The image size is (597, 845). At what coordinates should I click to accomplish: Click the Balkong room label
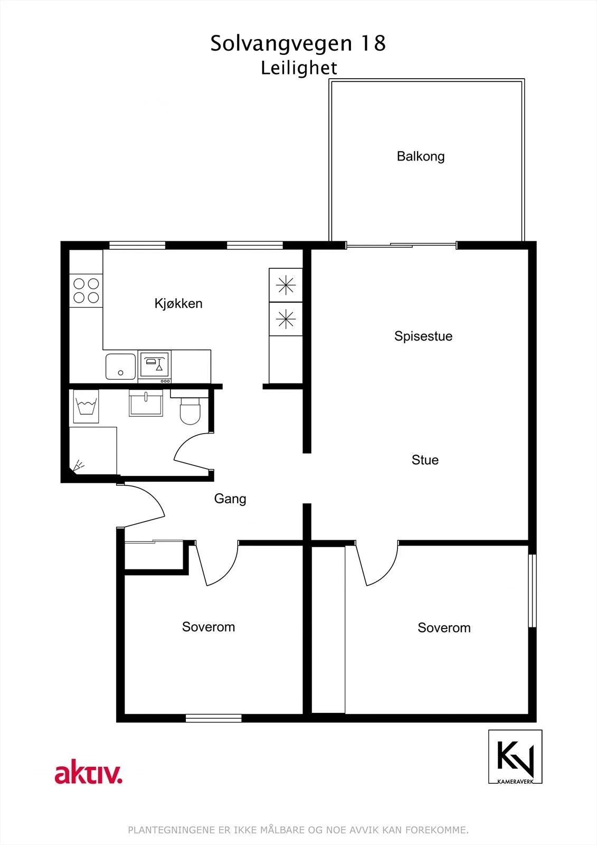(421, 156)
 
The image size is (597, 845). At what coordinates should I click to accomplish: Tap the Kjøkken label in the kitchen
(178, 303)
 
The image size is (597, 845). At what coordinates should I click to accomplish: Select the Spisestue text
(423, 336)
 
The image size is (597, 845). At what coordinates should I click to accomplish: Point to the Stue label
(425, 460)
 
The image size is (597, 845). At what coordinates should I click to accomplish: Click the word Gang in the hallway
(230, 499)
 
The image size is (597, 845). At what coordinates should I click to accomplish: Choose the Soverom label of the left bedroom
(209, 626)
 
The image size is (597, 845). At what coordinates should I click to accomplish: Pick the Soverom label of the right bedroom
(444, 628)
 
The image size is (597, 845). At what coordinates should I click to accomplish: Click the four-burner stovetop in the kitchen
(86, 290)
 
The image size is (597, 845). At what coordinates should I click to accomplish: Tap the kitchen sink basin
(121, 367)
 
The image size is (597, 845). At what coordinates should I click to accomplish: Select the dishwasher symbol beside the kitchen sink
(154, 367)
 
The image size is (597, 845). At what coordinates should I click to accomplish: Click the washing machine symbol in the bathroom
(86, 406)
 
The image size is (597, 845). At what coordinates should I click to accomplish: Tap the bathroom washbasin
(146, 403)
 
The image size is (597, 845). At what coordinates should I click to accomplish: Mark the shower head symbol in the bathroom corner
(78, 465)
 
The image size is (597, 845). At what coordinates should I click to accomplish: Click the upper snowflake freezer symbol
(286, 285)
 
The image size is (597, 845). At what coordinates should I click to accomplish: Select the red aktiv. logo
(89, 772)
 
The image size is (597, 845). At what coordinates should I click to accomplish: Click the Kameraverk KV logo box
(515, 757)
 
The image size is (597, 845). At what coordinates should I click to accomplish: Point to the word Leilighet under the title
(299, 68)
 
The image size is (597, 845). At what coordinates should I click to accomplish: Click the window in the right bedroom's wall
(532, 590)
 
